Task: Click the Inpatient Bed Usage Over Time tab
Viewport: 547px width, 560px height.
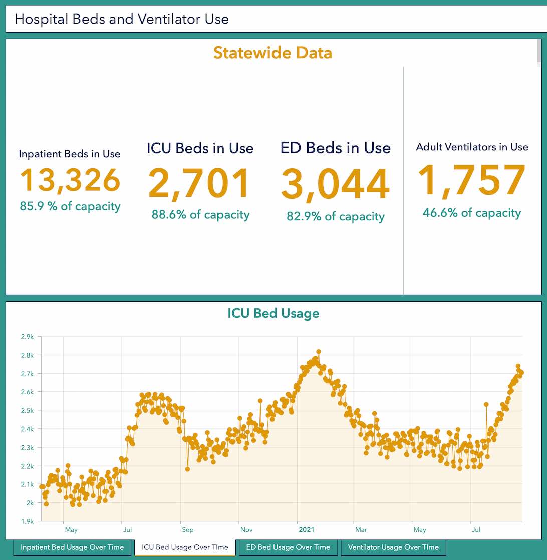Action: point(72,547)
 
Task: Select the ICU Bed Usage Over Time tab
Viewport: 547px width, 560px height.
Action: point(185,547)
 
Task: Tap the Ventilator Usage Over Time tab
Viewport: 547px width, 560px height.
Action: point(393,547)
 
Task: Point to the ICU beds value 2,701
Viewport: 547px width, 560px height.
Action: point(200,183)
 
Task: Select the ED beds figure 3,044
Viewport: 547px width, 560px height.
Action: point(335,184)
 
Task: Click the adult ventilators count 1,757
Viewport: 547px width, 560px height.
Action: point(472,180)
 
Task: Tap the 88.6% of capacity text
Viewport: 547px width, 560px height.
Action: point(200,215)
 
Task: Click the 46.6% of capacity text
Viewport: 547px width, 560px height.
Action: point(472,213)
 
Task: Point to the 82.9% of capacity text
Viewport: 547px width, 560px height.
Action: point(335,216)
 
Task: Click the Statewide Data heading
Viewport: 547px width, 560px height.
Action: point(272,53)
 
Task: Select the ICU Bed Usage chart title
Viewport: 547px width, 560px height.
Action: point(273,314)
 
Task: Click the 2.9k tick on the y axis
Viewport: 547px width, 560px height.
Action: point(27,337)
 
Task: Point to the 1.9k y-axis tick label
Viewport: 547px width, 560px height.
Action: point(27,521)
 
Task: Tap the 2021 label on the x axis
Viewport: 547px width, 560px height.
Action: point(307,529)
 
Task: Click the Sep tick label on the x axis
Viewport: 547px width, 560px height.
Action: point(187,530)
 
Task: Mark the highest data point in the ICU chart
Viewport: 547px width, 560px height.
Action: point(319,352)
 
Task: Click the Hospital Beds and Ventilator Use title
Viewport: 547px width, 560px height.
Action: point(122,19)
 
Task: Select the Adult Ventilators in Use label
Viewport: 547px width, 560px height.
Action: point(472,147)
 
